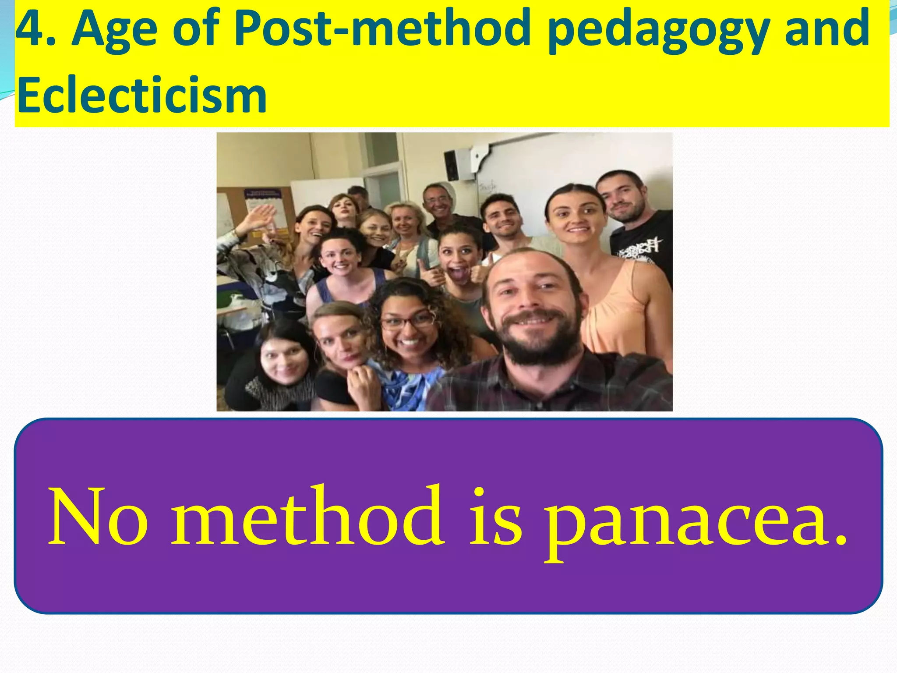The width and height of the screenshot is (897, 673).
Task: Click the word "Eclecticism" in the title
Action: tap(142, 95)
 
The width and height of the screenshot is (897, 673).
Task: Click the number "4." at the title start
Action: tap(35, 29)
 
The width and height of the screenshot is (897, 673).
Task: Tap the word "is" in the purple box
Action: tap(495, 517)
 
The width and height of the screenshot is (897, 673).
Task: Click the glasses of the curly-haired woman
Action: tap(407, 322)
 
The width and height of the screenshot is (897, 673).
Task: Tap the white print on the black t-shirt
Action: tap(639, 248)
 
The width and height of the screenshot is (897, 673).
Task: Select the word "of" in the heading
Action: tap(195, 29)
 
